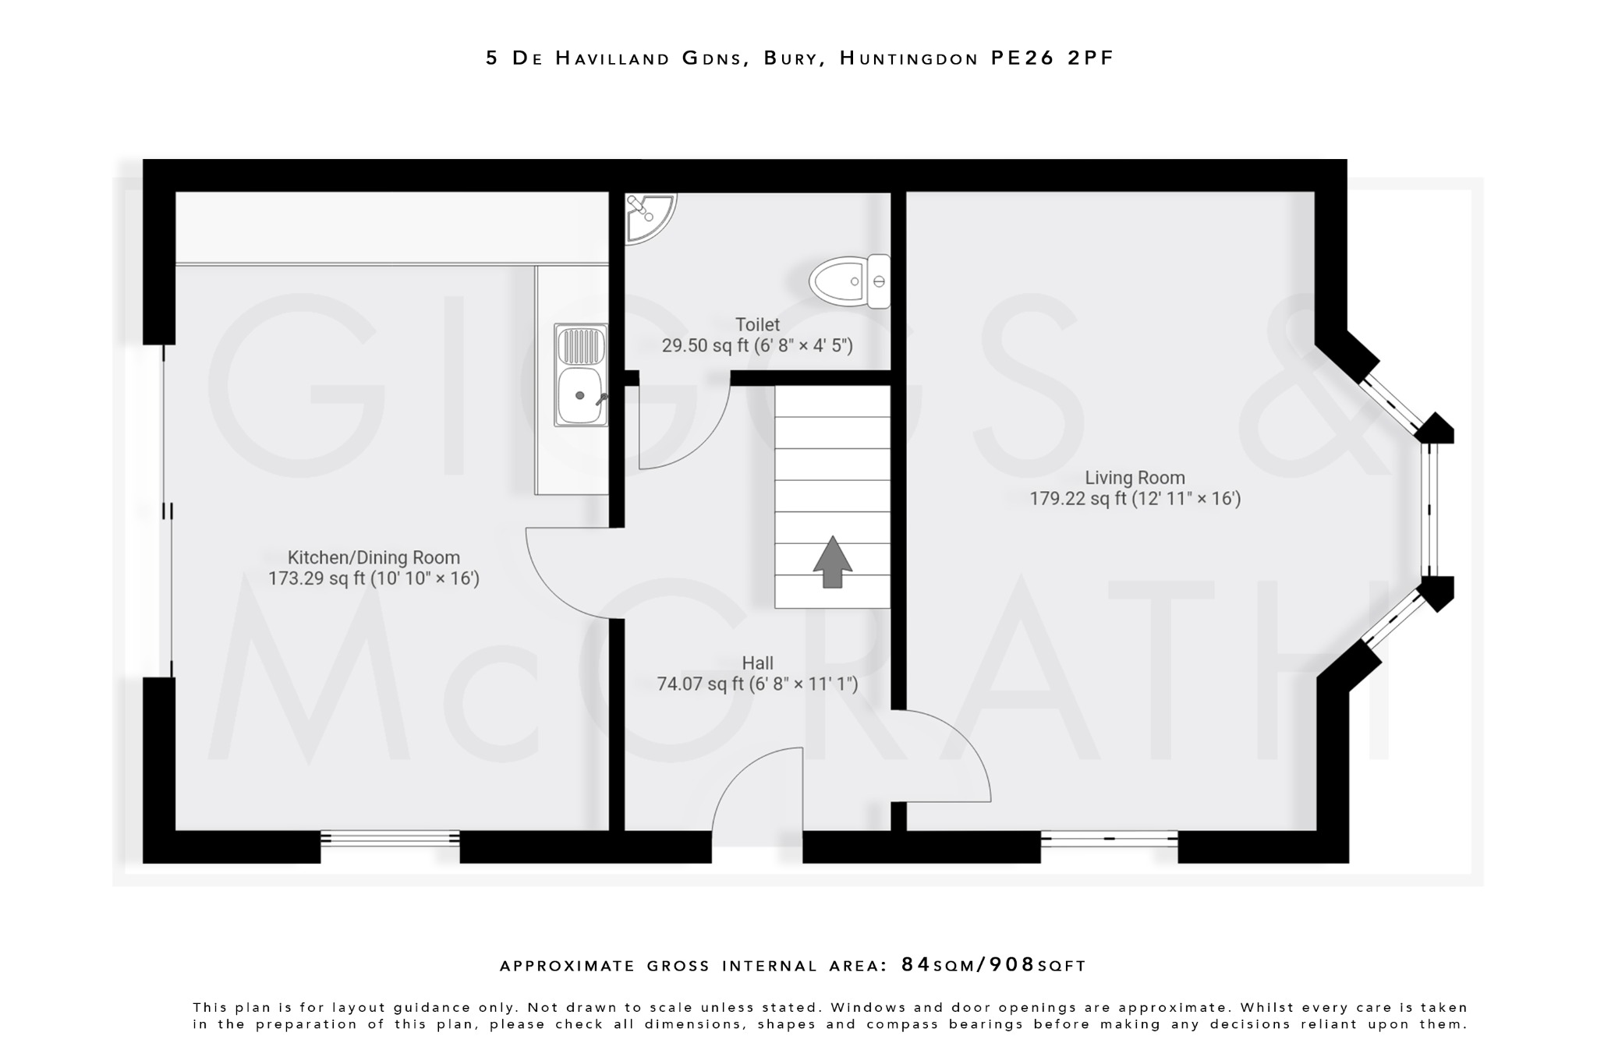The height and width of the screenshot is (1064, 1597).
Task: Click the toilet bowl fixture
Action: tap(846, 281)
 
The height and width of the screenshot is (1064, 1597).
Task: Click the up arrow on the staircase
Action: tap(833, 561)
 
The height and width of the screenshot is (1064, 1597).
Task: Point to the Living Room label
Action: tap(1135, 478)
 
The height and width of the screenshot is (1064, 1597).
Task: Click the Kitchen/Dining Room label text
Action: tap(374, 557)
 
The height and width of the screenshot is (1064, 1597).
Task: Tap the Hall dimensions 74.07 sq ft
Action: tap(757, 684)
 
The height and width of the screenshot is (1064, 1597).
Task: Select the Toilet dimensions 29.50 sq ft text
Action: tap(757, 345)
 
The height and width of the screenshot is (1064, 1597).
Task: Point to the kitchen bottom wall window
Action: tap(390, 839)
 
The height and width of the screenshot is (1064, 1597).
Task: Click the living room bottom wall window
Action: tap(1109, 840)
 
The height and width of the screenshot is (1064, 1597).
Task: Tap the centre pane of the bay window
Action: tap(1429, 511)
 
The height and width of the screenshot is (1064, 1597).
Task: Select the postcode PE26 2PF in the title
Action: tap(1052, 58)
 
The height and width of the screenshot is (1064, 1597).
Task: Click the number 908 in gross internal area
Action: tap(1012, 965)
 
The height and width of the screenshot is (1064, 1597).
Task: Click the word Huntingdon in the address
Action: tap(908, 58)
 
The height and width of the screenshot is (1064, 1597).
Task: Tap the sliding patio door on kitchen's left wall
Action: tap(168, 511)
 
